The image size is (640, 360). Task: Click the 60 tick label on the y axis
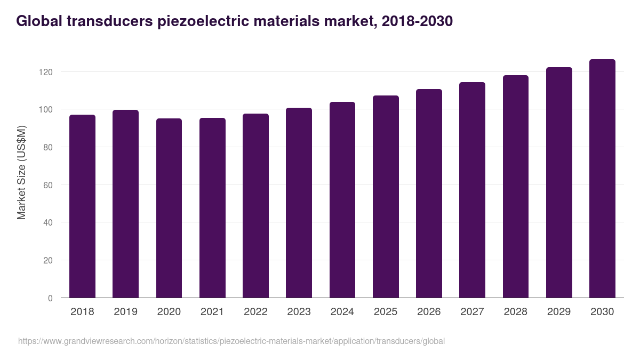pyautogui.click(x=49, y=185)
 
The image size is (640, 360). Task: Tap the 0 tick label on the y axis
pyautogui.click(x=51, y=298)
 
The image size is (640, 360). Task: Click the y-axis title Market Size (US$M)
pyautogui.click(x=21, y=172)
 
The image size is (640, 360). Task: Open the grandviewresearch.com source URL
pyautogui.click(x=231, y=341)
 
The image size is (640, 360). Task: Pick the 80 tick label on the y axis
pyautogui.click(x=49, y=147)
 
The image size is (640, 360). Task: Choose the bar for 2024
pyautogui.click(x=342, y=200)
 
